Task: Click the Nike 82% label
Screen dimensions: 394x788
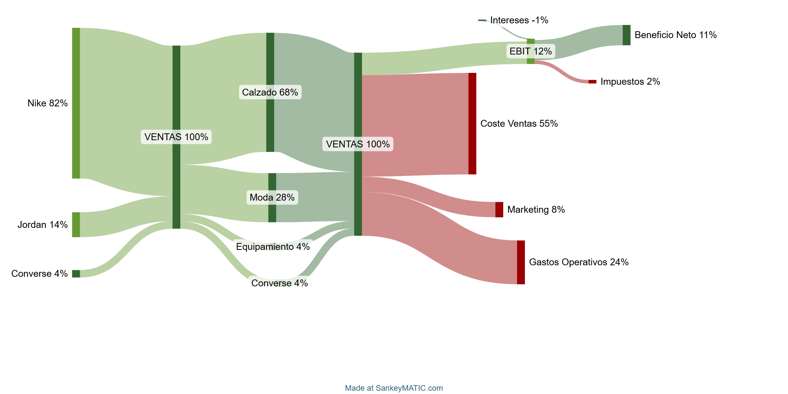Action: (x=48, y=103)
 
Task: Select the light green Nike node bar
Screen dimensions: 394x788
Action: (x=76, y=103)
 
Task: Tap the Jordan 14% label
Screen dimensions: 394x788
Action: (x=43, y=225)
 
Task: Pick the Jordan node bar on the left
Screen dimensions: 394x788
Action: (x=76, y=225)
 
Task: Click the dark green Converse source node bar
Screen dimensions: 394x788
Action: (x=76, y=274)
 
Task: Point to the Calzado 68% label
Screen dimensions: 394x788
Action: (x=270, y=92)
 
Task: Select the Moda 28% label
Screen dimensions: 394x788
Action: (x=272, y=197)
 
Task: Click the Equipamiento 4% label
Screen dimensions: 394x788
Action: (x=273, y=247)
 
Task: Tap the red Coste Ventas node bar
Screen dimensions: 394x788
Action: (x=472, y=123)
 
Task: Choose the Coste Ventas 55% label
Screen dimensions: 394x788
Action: (x=519, y=123)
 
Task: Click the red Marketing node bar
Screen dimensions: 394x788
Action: (x=499, y=209)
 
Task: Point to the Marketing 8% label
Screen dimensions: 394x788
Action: (x=536, y=209)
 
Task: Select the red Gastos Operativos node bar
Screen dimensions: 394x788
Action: (x=521, y=262)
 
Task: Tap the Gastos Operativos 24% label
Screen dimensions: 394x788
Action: (x=579, y=262)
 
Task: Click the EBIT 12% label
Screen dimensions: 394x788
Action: (x=531, y=51)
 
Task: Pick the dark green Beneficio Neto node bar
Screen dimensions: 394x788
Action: (x=626, y=35)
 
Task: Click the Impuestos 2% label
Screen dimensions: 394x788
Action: (x=630, y=81)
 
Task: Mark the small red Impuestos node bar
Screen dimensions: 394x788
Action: (x=592, y=81)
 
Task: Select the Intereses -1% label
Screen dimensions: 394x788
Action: (x=519, y=20)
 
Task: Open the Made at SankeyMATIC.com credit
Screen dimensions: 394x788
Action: (x=394, y=388)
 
